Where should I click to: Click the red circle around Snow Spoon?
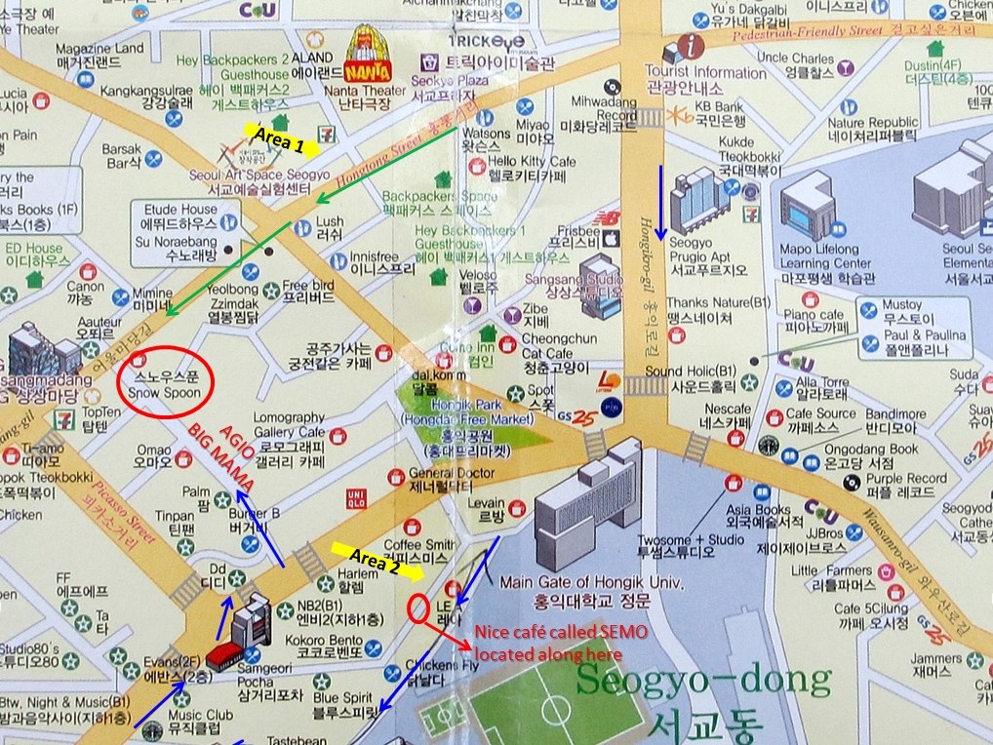click(x=163, y=381)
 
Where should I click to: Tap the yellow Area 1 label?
click(x=278, y=139)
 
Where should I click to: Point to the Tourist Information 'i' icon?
click(x=694, y=45)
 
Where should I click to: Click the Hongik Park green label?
click(x=469, y=419)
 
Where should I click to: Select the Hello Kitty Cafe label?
click(x=532, y=161)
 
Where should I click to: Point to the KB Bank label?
click(x=720, y=106)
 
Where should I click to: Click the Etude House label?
click(x=180, y=209)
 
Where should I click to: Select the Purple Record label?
click(x=906, y=479)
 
